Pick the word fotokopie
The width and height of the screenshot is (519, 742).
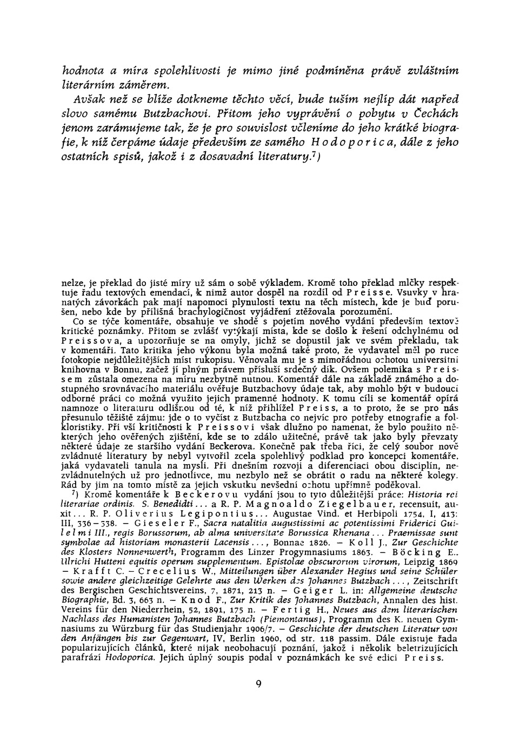pos(80,358)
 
